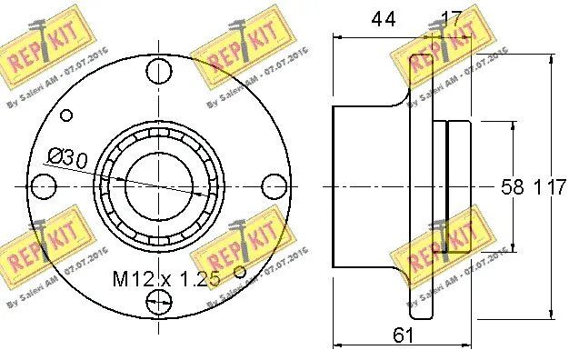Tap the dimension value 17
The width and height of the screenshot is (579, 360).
(x=452, y=17)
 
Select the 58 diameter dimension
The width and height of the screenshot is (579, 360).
(x=513, y=187)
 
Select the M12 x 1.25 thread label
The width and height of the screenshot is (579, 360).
(x=167, y=279)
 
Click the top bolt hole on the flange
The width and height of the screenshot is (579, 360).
(x=159, y=68)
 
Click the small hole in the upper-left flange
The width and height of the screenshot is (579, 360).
(x=65, y=115)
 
